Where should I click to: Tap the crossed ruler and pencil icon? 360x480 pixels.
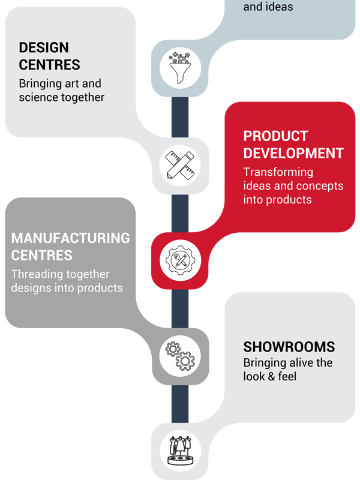(x=180, y=166)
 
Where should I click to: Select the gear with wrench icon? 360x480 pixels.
(x=181, y=260)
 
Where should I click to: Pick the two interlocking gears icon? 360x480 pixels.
(x=180, y=356)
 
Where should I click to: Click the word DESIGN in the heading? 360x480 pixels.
(x=44, y=47)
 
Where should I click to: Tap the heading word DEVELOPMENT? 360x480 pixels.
(x=293, y=153)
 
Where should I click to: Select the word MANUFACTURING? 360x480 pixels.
(x=70, y=238)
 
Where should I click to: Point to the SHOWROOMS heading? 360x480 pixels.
(x=289, y=347)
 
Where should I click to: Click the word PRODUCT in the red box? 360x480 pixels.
(x=275, y=136)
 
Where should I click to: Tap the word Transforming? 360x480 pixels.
(x=278, y=172)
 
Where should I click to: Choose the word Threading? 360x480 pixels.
(x=37, y=274)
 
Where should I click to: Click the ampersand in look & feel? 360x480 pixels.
(x=271, y=377)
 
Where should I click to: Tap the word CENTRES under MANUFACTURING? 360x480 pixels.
(x=41, y=256)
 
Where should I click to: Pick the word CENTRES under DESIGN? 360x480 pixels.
(x=50, y=65)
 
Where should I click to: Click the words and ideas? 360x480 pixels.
(x=268, y=7)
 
